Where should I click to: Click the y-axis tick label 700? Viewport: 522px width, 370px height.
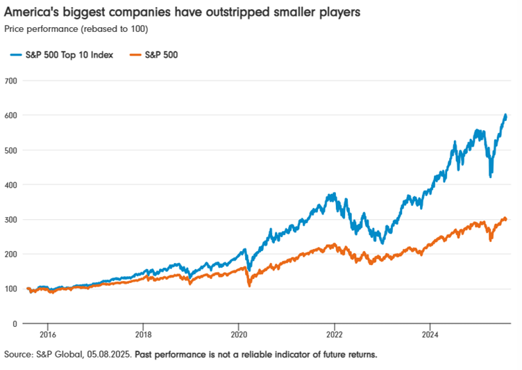pyautogui.click(x=10, y=81)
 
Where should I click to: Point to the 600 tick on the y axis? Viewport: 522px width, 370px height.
pyautogui.click(x=10, y=115)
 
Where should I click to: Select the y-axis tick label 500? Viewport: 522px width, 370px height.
pyautogui.click(x=10, y=150)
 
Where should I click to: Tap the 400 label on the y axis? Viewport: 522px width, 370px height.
pyautogui.click(x=10, y=185)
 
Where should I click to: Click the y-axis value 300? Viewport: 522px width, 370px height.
pyautogui.click(x=10, y=220)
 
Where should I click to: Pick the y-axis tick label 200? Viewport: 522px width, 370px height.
pyautogui.click(x=10, y=255)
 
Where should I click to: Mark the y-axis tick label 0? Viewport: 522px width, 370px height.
pyautogui.click(x=15, y=324)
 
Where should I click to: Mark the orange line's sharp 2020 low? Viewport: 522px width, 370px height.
pyautogui.click(x=249, y=286)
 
